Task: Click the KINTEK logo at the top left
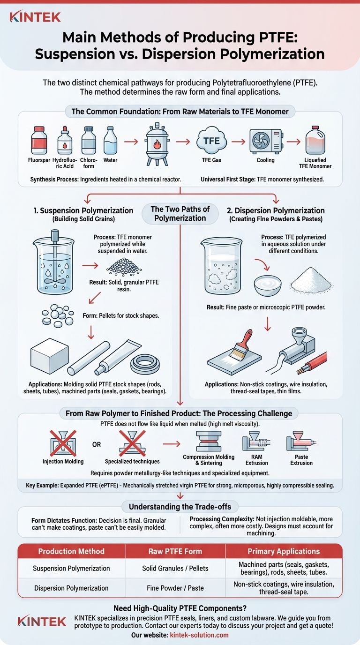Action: click(35, 18)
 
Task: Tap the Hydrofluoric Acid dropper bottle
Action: click(65, 141)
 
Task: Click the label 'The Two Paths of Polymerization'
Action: click(180, 214)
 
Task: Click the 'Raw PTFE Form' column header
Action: click(176, 551)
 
